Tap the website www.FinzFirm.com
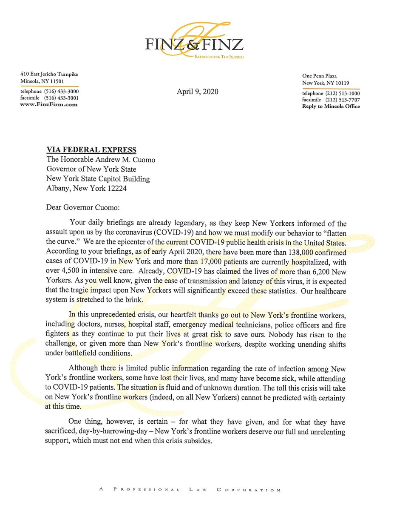[x=49, y=104]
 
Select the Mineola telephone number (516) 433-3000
[x=60, y=91]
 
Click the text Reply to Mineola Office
[x=331, y=106]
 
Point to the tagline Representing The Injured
[x=219, y=57]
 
